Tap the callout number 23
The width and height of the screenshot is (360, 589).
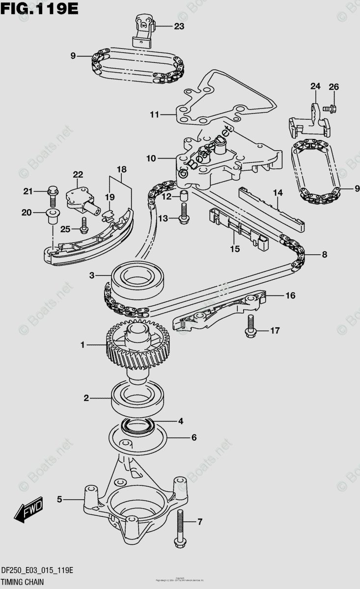pos(179,27)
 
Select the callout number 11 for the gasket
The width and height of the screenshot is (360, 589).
pos(155,115)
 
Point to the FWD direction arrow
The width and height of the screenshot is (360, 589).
pos(29,511)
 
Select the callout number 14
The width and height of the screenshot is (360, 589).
pos(278,193)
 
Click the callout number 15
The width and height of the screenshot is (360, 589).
pos(235,249)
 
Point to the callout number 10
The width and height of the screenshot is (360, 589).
pos(151,159)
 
